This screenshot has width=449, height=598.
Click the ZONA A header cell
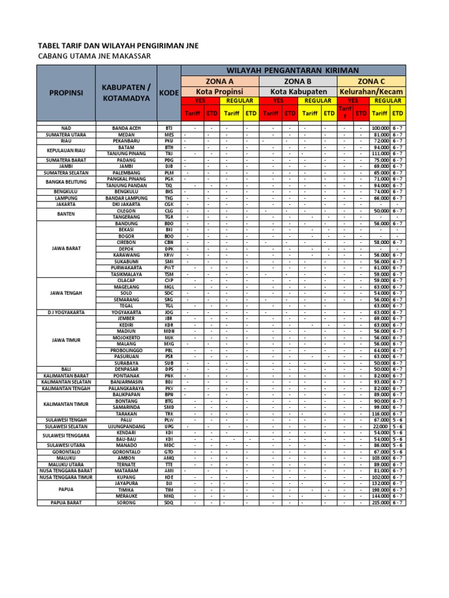coord(220,81)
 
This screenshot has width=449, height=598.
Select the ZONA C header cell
coord(371,81)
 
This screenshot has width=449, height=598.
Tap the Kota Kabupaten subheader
coord(298,92)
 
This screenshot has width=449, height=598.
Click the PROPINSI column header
coord(66,93)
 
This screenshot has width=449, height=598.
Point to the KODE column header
coord(169,93)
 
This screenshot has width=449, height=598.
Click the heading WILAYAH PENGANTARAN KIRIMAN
coord(293,70)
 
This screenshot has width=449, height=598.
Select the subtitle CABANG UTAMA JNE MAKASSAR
coord(94,56)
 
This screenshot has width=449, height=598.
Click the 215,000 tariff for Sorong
coord(380,502)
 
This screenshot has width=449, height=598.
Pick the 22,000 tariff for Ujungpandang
coord(381,426)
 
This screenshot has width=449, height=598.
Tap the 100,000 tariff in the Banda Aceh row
coord(380,128)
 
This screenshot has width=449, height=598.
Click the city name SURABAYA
coord(126,363)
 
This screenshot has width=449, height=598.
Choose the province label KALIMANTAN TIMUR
coord(66,404)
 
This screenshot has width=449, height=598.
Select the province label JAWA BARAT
coord(66,248)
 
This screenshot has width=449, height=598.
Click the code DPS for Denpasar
coord(169,369)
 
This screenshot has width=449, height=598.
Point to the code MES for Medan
coord(169,134)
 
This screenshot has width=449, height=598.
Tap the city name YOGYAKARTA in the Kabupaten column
coord(126,312)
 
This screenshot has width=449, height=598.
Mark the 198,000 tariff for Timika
coord(380,490)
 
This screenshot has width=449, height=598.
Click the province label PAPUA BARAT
coord(66,502)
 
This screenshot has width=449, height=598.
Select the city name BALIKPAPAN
coord(126,394)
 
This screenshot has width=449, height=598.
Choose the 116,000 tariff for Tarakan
coord(380,413)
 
